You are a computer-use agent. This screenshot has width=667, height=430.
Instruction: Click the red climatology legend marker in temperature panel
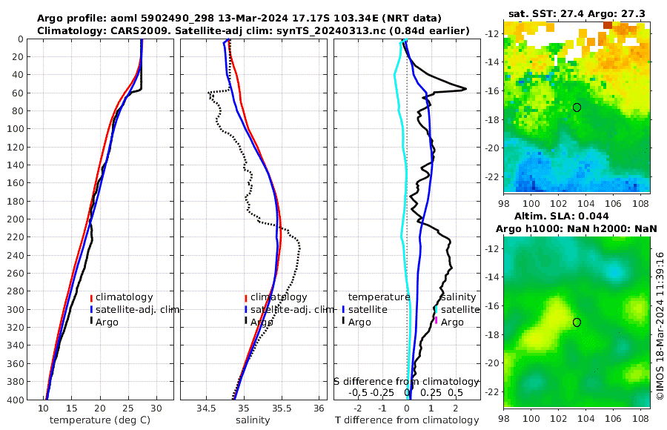click(91, 298)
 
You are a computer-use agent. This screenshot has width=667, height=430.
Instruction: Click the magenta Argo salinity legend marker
click(437, 321)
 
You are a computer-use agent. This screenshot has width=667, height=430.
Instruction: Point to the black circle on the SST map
click(577, 107)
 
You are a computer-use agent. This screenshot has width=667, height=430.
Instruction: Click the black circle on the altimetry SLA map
click(577, 322)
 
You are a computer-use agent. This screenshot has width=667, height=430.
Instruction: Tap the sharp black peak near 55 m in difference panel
click(465, 89)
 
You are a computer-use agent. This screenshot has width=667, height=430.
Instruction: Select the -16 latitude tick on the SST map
click(491, 91)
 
